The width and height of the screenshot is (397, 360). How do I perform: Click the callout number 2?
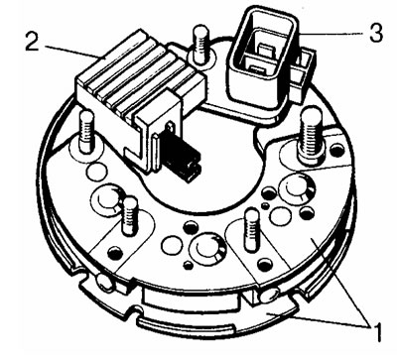click(33, 42)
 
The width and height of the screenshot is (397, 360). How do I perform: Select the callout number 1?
click(376, 331)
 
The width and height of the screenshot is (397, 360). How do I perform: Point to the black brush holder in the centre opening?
click(182, 158)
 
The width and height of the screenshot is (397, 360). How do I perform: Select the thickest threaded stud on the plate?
click(311, 137)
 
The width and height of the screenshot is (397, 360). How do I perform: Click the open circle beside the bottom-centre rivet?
click(173, 246)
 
